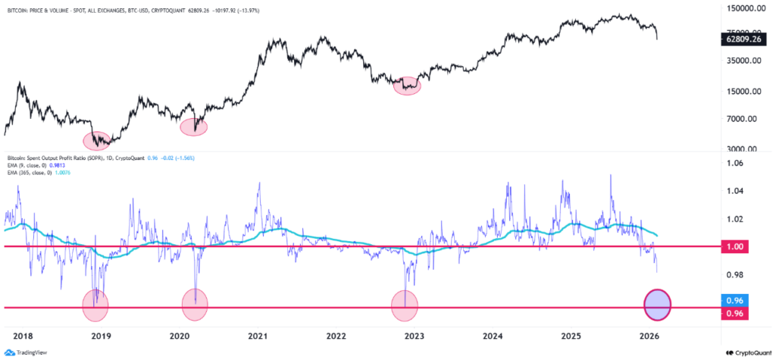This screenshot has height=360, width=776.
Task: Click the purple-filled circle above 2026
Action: [657, 305]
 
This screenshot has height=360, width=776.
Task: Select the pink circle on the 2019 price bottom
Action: [97, 139]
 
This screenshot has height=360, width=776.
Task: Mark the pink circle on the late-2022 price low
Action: [407, 86]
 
